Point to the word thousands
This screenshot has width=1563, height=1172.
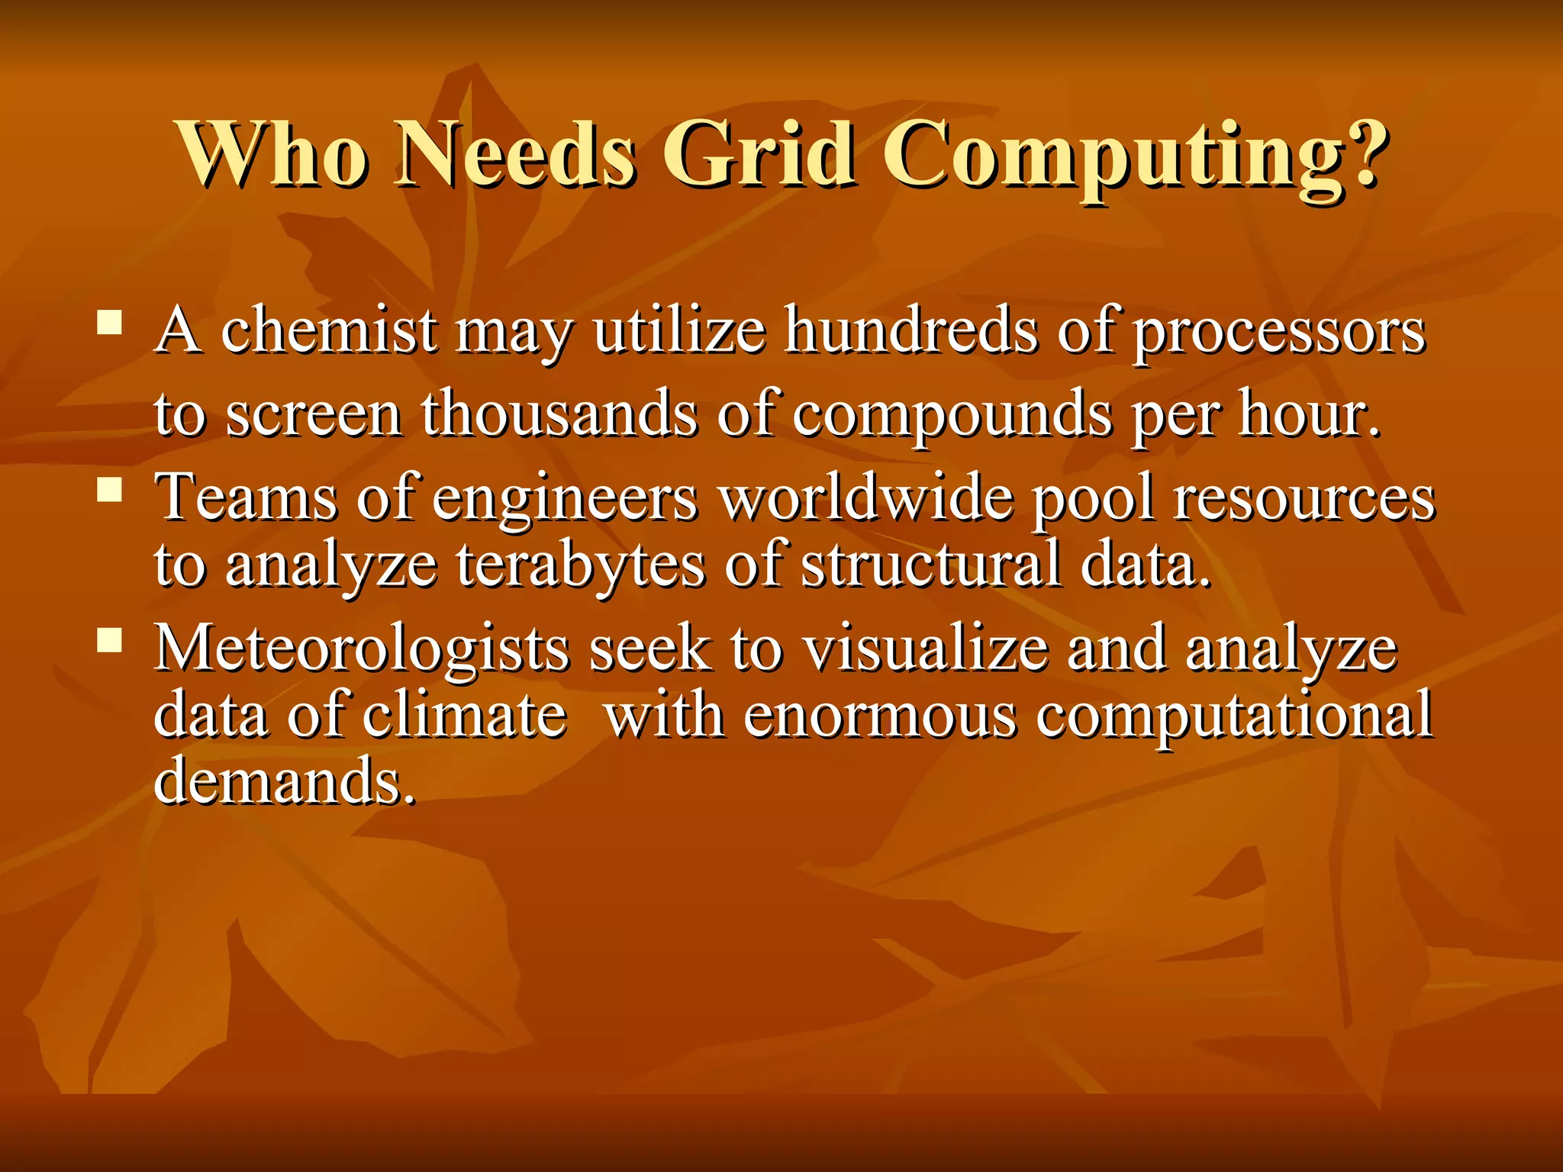coord(559,414)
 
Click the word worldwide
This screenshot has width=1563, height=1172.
coord(867,497)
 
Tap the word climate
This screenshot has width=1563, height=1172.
coord(465,716)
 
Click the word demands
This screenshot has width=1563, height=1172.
coord(284,781)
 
